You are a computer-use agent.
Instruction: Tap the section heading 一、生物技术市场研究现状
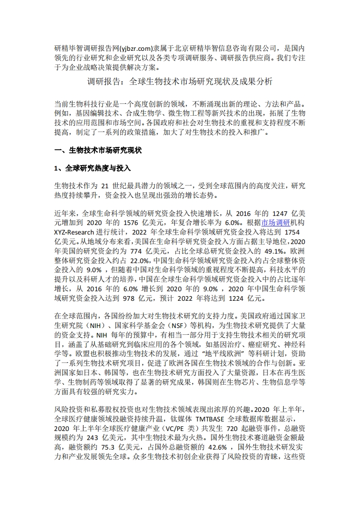click(x=98, y=150)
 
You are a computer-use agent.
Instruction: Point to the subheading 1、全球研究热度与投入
click(x=92, y=168)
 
